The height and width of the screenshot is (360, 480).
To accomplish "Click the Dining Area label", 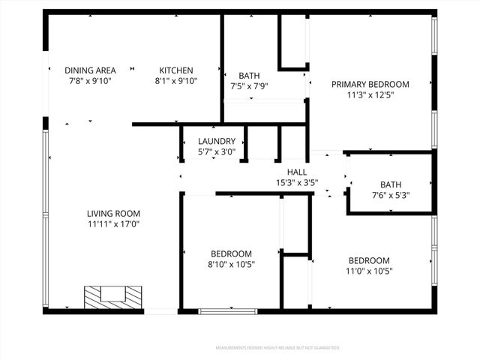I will point(90,70).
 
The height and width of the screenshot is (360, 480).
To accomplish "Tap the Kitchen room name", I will point(175,70).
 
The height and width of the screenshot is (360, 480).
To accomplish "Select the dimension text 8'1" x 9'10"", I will point(175,81).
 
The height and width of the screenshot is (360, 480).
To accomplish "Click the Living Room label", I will point(113,213).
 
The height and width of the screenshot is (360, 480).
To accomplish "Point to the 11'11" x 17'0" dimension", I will point(113,223).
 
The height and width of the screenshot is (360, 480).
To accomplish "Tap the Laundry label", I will point(217,141).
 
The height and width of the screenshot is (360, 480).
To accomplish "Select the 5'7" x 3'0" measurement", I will point(217,151).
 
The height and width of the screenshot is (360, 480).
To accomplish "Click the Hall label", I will point(297,172).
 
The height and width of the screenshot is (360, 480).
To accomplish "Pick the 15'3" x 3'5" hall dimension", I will point(297,182).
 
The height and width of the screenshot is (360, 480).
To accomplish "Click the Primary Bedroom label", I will point(370,84).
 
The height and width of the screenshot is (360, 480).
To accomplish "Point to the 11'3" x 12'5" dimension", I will point(370,95).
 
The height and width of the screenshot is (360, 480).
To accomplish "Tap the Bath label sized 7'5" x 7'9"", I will point(249,75).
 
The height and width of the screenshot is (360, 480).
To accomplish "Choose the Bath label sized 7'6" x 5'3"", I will point(391,184).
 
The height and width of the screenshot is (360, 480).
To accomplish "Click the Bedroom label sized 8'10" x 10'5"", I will point(231,253).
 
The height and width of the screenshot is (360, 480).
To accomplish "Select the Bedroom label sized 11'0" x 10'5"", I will point(369,260).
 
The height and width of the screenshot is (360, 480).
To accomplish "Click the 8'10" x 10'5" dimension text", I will point(231,265).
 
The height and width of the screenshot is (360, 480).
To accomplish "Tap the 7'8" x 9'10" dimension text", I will point(90,81).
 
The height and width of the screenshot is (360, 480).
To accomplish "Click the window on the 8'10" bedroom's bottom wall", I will point(228,310).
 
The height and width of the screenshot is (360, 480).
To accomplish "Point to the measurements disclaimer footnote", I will point(277,348).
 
